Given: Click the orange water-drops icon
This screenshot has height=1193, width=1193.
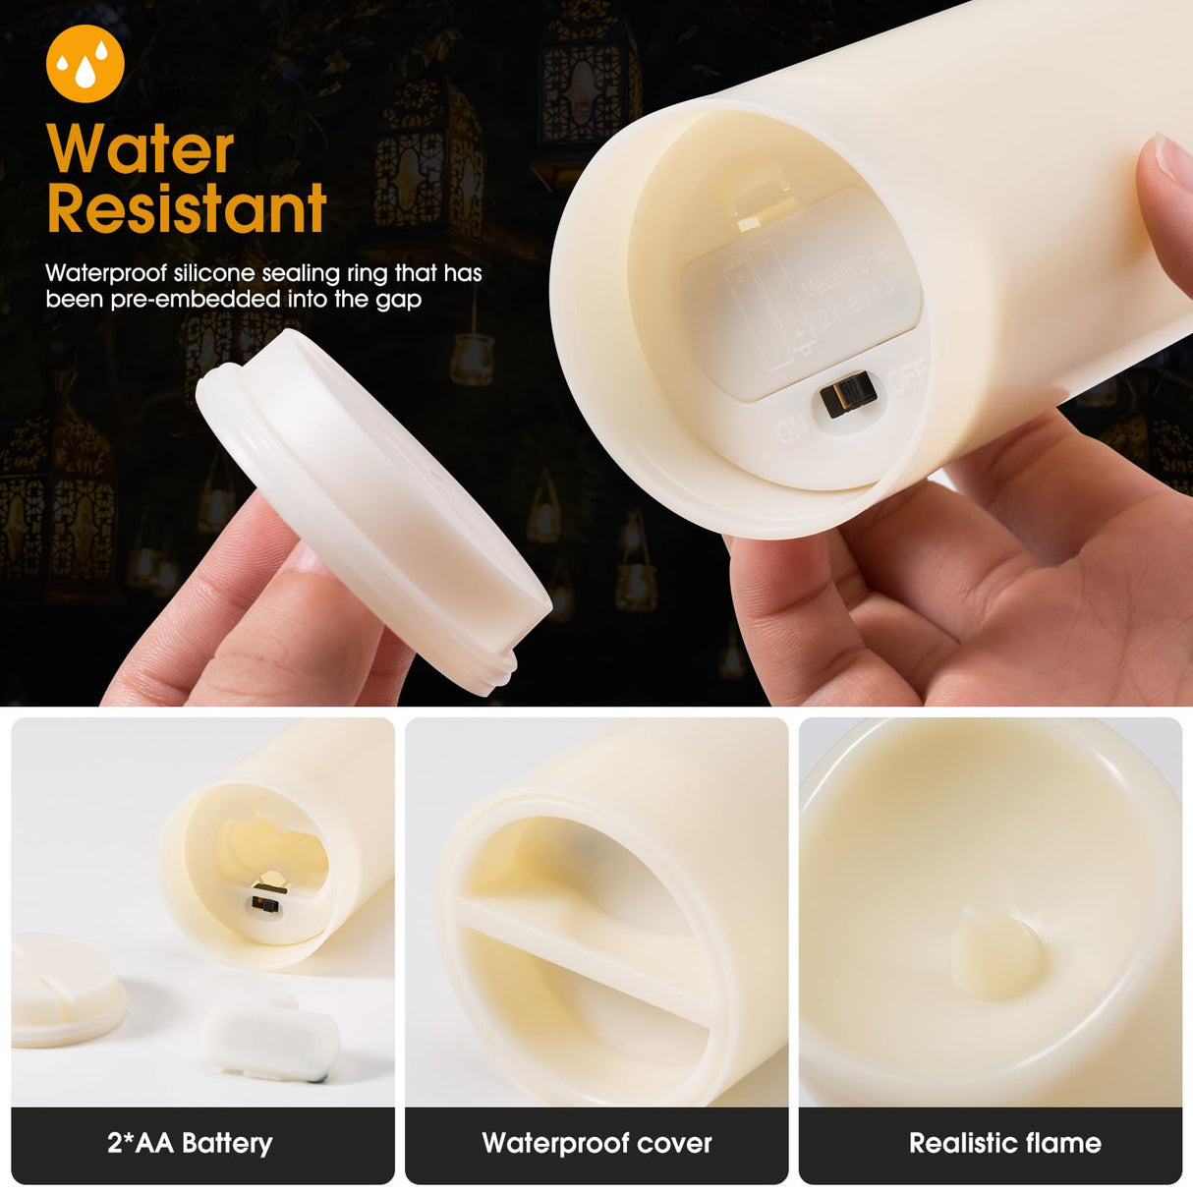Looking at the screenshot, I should pos(85,63).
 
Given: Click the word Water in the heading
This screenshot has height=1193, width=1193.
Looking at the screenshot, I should pos(140,149).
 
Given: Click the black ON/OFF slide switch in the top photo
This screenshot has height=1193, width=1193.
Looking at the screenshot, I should pos(848,394).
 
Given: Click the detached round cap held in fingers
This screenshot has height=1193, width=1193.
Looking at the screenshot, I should pos(373,511).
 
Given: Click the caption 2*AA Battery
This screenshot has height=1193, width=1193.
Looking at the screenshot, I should pos(190,1143).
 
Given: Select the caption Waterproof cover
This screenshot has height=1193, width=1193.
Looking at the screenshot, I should pos(596,1143).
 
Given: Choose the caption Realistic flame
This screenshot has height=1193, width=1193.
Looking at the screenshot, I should pos(1004,1143).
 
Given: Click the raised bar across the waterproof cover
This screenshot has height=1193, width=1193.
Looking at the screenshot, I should pos(580,948).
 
